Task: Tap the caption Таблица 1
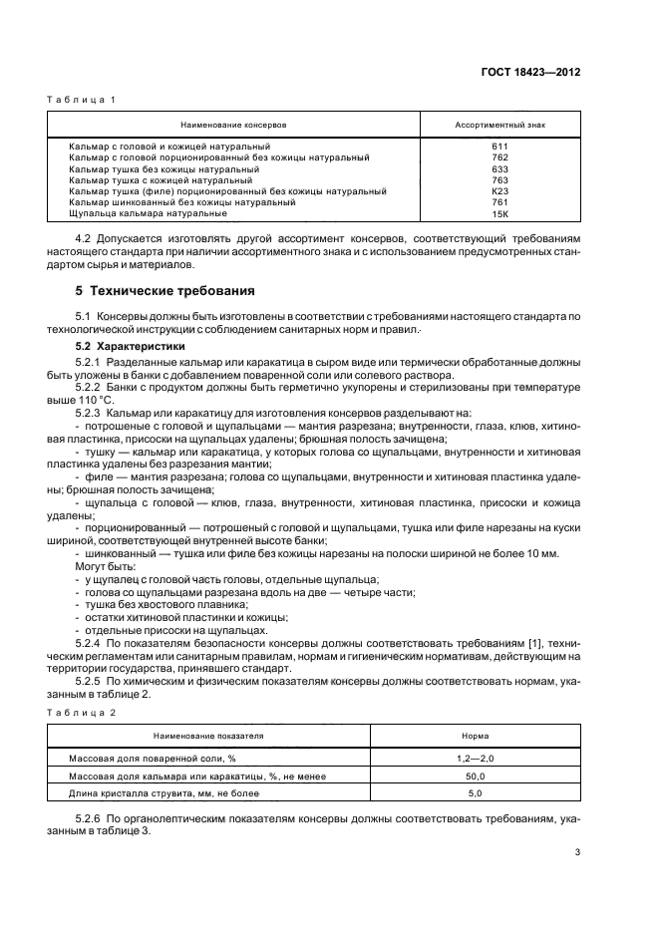[82, 100]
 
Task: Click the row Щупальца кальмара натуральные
[149, 213]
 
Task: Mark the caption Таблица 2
[82, 711]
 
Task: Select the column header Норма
[475, 736]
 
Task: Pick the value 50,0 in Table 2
[475, 776]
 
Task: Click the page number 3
[577, 850]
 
